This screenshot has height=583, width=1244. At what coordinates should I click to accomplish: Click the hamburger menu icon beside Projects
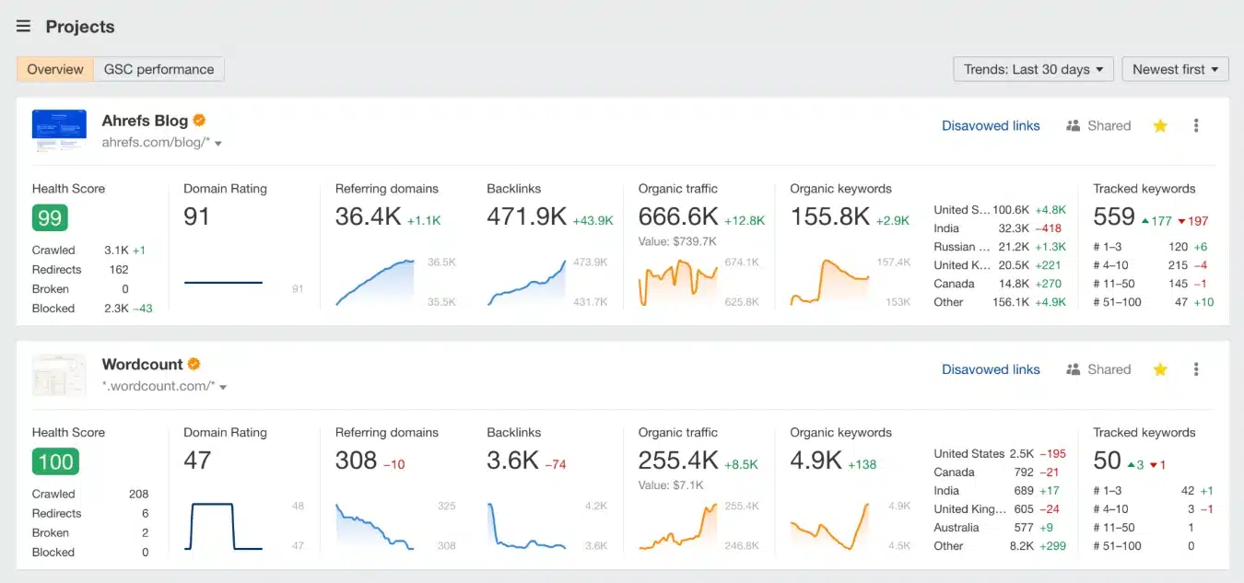pyautogui.click(x=24, y=26)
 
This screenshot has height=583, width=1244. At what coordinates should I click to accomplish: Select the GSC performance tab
pyautogui.click(x=158, y=69)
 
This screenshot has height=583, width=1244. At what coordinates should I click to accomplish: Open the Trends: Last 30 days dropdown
pyautogui.click(x=1033, y=69)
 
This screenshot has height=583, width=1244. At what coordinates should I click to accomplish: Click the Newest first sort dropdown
pyautogui.click(x=1175, y=69)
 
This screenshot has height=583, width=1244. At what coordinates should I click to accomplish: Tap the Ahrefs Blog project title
pyautogui.click(x=145, y=121)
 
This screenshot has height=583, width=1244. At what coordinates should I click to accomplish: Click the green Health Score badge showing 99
pyautogui.click(x=50, y=217)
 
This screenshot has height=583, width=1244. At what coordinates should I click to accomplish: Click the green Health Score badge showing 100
pyautogui.click(x=55, y=461)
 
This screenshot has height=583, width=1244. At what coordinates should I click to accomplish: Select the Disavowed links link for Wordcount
pyautogui.click(x=991, y=369)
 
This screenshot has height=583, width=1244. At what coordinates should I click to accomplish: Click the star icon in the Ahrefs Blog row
pyautogui.click(x=1160, y=126)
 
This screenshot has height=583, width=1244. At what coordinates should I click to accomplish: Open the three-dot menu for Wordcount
pyautogui.click(x=1196, y=369)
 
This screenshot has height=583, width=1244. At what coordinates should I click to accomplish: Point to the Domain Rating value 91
pyautogui.click(x=197, y=216)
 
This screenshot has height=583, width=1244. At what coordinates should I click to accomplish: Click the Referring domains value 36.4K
pyautogui.click(x=367, y=216)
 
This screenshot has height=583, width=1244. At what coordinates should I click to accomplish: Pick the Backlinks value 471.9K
pyautogui.click(x=526, y=216)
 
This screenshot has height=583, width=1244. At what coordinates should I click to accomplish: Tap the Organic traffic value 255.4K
pyautogui.click(x=678, y=461)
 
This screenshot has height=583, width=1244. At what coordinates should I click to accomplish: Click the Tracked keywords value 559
pyautogui.click(x=1113, y=216)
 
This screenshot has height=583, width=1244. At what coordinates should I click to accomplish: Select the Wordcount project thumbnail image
pyautogui.click(x=59, y=375)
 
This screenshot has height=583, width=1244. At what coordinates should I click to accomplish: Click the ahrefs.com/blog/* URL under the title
pyautogui.click(x=157, y=143)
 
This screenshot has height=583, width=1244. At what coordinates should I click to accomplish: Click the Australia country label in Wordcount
pyautogui.click(x=956, y=528)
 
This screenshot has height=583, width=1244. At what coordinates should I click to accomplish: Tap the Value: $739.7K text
pyautogui.click(x=677, y=241)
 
